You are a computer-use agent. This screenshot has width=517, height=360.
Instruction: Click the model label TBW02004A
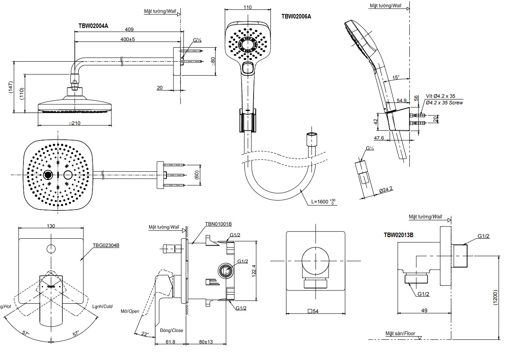93,25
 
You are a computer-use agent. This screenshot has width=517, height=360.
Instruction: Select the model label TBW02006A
296,16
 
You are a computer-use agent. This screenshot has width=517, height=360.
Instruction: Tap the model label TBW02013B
398,235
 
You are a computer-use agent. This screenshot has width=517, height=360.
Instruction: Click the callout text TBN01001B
218,224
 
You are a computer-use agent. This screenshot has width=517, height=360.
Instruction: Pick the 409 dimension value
129,30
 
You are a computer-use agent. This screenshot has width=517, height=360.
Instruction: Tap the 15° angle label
396,78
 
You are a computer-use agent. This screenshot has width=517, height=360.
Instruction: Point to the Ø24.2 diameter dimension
385,190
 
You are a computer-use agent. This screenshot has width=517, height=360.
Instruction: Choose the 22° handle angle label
144,333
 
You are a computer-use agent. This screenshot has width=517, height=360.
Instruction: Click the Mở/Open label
130,311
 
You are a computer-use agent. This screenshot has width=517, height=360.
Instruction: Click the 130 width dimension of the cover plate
51,226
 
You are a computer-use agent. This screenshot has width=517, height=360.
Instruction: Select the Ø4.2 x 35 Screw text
444,103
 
